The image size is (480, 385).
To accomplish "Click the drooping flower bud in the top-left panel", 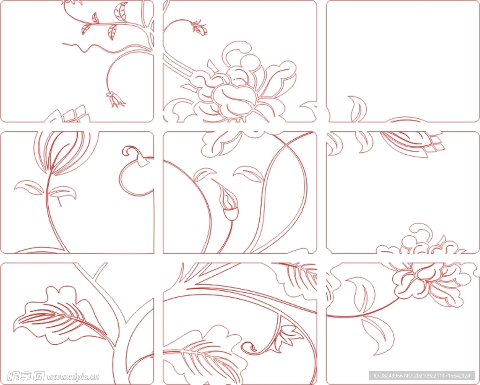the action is pyautogui.click(x=115, y=99).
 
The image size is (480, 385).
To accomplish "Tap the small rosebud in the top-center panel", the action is pyautogui.click(x=200, y=27).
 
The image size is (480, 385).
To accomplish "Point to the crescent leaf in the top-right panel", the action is pyautogui.click(x=358, y=109).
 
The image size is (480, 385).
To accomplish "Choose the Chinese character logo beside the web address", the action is pyautogui.click(x=26, y=376).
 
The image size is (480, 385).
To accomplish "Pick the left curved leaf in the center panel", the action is pyautogui.click(x=203, y=174).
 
